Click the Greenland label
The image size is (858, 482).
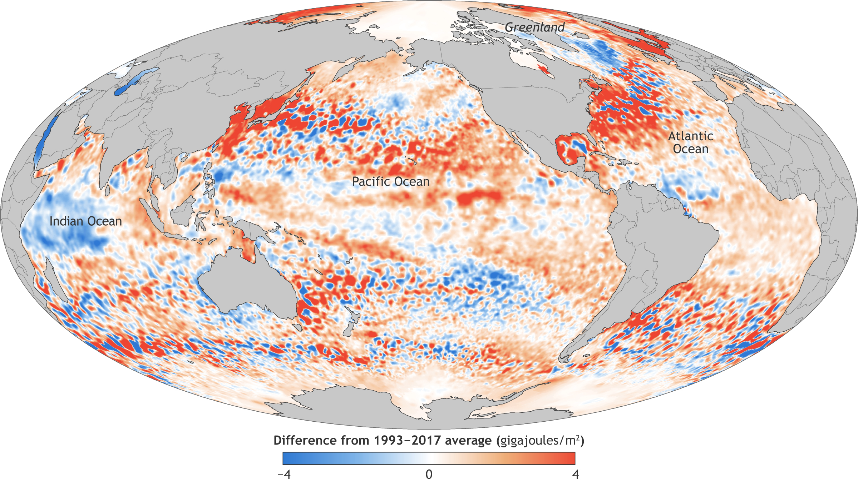point(534,27)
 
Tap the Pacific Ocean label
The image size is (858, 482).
point(391,181)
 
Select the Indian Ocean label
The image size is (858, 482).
point(86,221)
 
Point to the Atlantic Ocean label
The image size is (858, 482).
point(691,142)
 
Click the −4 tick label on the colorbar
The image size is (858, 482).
point(284,475)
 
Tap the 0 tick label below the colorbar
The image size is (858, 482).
point(429,475)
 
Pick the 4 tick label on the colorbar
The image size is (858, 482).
point(575,475)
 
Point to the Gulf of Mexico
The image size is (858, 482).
point(572,146)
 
